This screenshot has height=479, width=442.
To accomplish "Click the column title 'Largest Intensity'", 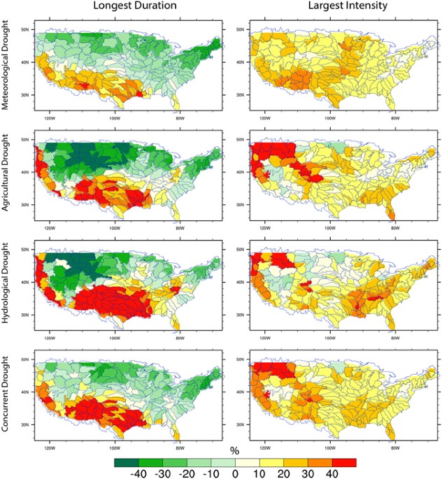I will pos(336,8).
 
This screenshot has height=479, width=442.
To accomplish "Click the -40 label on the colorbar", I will pos(137,473).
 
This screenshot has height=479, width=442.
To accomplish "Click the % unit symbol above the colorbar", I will pos(234,451).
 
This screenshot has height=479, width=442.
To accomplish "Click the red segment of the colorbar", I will pos(344,462).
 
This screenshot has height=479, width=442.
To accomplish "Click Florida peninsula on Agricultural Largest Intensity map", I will pos(394,213).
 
